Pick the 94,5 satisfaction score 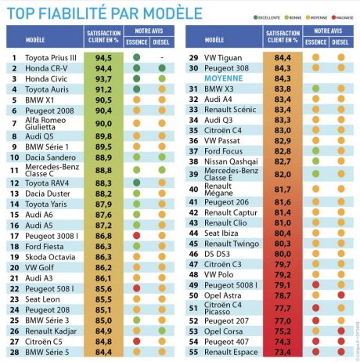click(x=103, y=58)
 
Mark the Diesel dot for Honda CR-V click(x=162, y=68)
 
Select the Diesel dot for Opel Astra click(x=341, y=295)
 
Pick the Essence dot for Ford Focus click(x=315, y=150)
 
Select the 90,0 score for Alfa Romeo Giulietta click(x=103, y=123)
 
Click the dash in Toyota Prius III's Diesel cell click(x=162, y=58)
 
